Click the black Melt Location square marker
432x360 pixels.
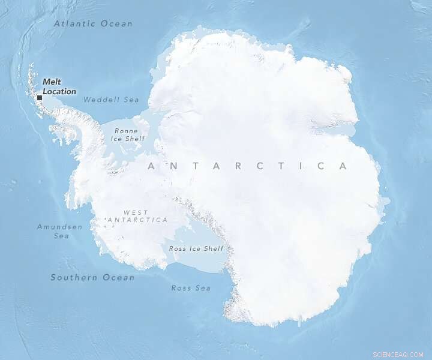[x=40, y=98]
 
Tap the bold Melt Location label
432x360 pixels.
[x=59, y=87]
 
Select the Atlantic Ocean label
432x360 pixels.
[x=93, y=24]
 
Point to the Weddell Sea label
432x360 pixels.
[x=111, y=100]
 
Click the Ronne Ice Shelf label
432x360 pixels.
[x=128, y=134]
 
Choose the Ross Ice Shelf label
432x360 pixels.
[x=196, y=248]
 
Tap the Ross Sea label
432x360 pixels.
[x=191, y=288]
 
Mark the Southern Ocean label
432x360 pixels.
[x=92, y=277]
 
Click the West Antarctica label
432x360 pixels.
[x=137, y=216]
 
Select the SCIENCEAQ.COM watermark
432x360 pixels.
[x=398, y=354]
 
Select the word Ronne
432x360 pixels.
[x=126, y=131]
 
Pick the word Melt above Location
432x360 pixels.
[x=52, y=82]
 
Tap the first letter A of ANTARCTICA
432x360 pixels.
[x=151, y=166]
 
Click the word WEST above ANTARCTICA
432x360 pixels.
[x=136, y=212]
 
